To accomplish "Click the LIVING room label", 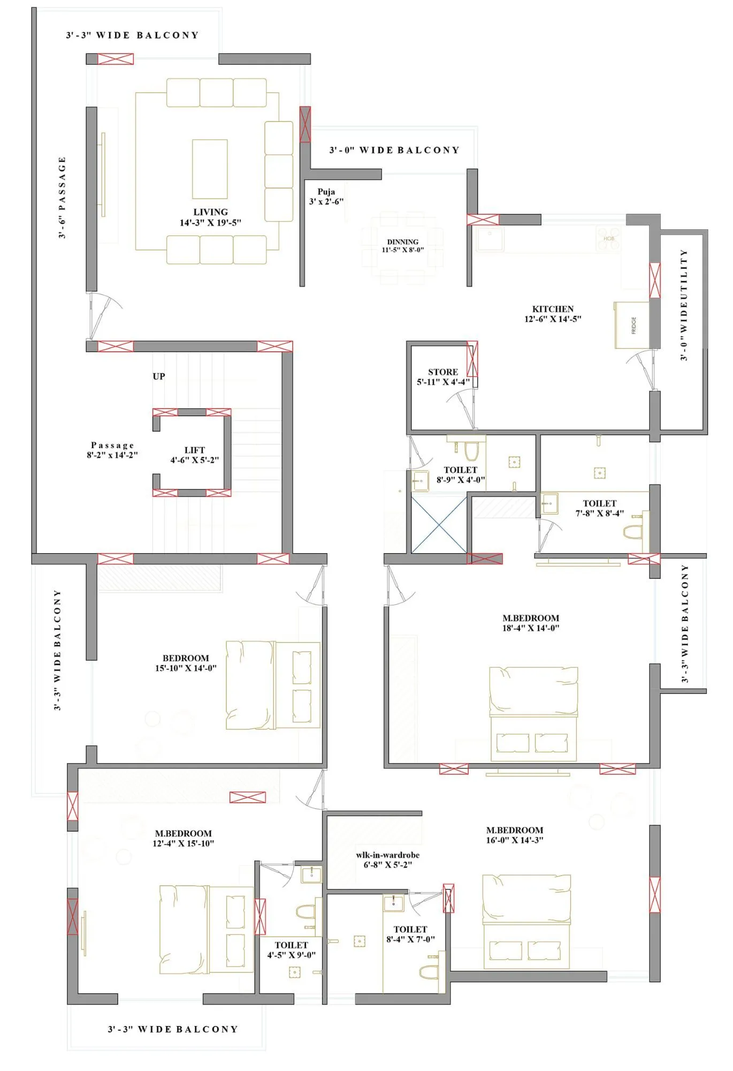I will [x=210, y=212].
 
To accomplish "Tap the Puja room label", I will [x=326, y=192].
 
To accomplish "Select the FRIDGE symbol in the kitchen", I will [x=632, y=325].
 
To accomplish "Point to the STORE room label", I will [x=443, y=372].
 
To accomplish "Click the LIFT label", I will [x=195, y=450].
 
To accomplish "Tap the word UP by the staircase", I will [x=159, y=376].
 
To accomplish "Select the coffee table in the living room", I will [x=210, y=169].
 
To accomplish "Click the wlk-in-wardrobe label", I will [x=388, y=855].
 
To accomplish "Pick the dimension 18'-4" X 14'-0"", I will [x=530, y=628].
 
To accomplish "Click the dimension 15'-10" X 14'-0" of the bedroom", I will [x=186, y=668].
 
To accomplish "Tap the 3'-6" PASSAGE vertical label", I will [x=62, y=198].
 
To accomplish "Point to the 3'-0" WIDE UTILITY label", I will [x=684, y=305].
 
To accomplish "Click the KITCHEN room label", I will [x=553, y=309].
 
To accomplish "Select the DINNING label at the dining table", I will [x=403, y=242].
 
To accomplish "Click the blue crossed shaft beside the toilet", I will [x=439, y=524].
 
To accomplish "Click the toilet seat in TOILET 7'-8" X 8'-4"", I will [x=633, y=532].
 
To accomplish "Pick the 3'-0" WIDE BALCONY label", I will [x=394, y=150].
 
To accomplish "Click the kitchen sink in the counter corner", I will [x=490, y=239].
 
